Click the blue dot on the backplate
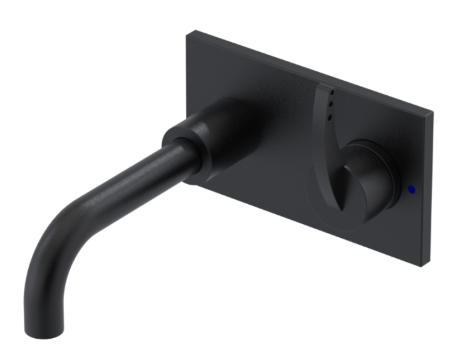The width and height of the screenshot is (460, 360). pyautogui.click(x=411, y=189)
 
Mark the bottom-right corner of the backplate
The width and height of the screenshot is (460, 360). pyautogui.click(x=424, y=265)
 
